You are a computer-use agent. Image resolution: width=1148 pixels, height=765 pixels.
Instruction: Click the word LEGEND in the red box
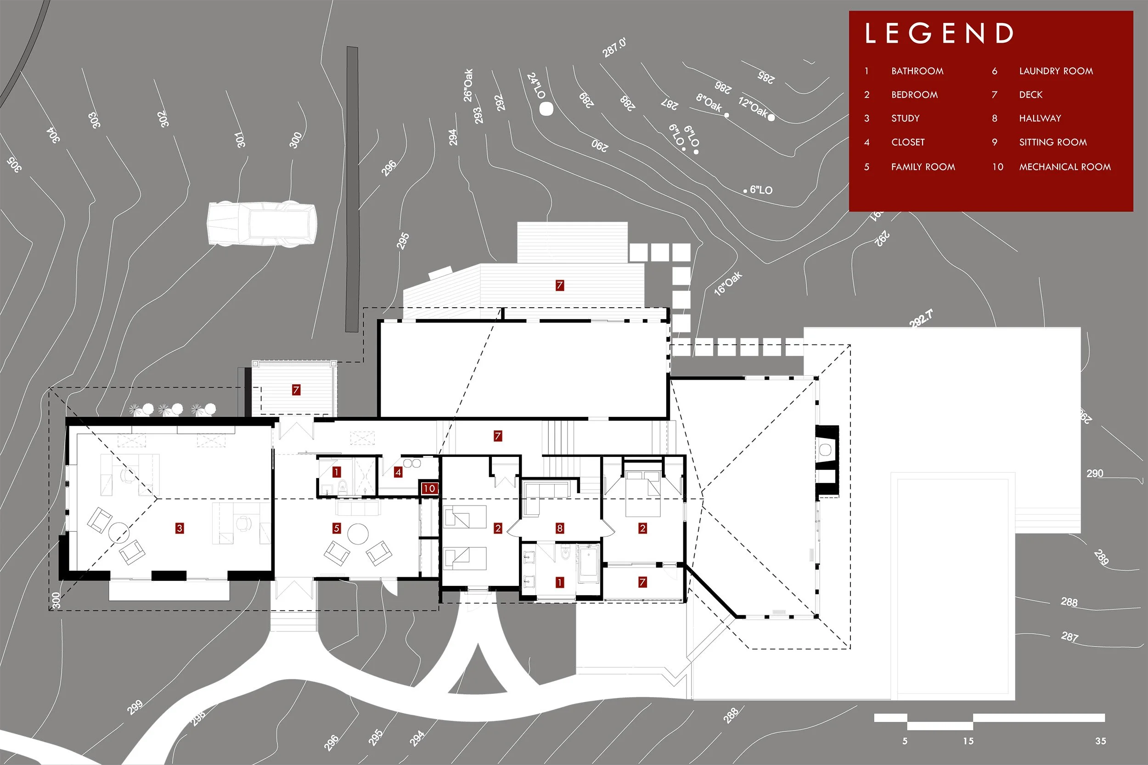pyautogui.click(x=939, y=33)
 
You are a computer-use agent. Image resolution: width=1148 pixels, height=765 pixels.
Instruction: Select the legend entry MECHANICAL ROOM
pyautogui.click(x=1065, y=167)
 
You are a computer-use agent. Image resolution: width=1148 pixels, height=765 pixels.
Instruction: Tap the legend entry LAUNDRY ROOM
pyautogui.click(x=1056, y=71)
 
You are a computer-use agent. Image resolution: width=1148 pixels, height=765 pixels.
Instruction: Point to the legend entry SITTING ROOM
pyautogui.click(x=1053, y=142)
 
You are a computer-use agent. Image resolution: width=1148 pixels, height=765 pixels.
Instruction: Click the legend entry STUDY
pyautogui.click(x=906, y=118)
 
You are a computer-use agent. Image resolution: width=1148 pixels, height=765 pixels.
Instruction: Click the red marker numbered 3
pyautogui.click(x=180, y=528)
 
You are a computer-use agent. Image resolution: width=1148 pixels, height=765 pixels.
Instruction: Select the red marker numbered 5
pyautogui.click(x=337, y=528)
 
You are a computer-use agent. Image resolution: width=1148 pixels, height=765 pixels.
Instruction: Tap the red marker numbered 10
pyautogui.click(x=429, y=489)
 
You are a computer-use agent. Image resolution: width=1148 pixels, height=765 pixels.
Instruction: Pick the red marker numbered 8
pyautogui.click(x=560, y=528)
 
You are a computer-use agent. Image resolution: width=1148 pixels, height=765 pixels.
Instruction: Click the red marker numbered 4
pyautogui.click(x=398, y=472)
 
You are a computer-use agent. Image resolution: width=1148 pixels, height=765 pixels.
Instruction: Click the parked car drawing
pyautogui.click(x=262, y=224)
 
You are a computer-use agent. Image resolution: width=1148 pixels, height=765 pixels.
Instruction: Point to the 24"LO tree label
pyautogui.click(x=536, y=86)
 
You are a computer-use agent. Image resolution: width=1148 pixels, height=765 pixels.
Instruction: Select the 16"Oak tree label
pyautogui.click(x=728, y=283)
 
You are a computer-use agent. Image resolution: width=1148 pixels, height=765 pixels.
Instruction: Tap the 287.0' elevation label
pyautogui.click(x=614, y=48)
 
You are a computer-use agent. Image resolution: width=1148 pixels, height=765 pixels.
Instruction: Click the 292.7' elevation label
pyautogui.click(x=921, y=319)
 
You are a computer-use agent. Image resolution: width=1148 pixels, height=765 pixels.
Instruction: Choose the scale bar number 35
pyautogui.click(x=1100, y=741)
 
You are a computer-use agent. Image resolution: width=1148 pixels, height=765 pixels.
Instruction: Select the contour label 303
pyautogui.click(x=94, y=120)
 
